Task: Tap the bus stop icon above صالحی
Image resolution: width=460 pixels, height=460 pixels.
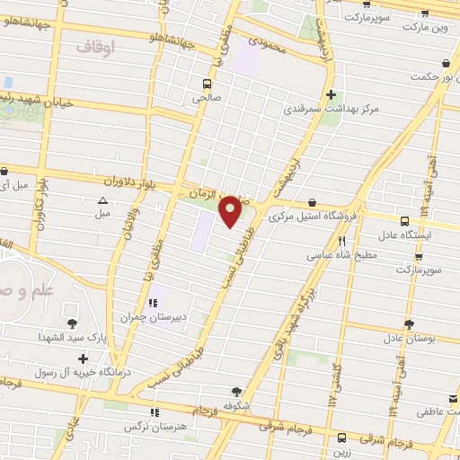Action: tap(207, 86)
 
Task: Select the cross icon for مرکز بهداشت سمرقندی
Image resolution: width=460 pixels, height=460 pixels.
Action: tap(332, 94)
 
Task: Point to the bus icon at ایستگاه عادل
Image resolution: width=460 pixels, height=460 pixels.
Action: tap(403, 220)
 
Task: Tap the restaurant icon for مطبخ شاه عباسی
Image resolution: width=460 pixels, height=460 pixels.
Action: tap(341, 241)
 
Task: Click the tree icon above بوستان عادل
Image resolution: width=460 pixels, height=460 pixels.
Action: tap(409, 324)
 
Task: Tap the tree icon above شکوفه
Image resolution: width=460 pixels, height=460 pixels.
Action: tap(236, 392)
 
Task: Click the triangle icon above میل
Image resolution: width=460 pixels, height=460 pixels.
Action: tap(102, 200)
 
